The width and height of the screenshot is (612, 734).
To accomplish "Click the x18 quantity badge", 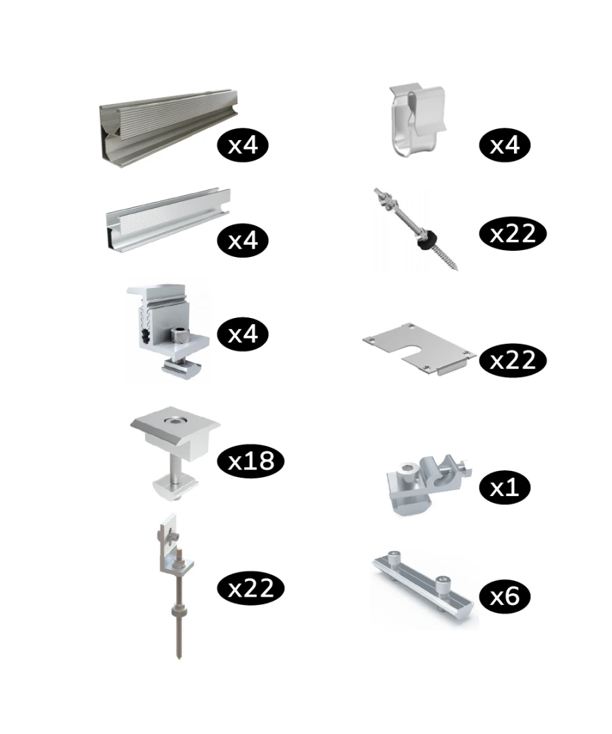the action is (x=250, y=461).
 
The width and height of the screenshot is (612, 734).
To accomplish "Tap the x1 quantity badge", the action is (x=505, y=488).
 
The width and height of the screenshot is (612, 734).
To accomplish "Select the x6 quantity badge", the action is (x=505, y=596).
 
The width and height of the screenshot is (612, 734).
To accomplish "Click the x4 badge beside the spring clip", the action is (x=505, y=145).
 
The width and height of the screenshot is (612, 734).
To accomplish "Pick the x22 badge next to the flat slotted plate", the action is (x=513, y=360).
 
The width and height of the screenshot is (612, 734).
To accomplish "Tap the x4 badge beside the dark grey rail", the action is (x=243, y=145).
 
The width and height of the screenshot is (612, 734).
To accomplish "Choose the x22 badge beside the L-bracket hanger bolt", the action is (x=250, y=588).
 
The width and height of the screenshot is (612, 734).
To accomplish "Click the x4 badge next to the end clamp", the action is (x=243, y=334).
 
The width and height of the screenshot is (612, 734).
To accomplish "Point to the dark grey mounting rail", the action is (x=169, y=126).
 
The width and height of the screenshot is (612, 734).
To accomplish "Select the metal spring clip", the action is (x=417, y=120).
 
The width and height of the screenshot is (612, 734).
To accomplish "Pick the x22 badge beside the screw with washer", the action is (x=513, y=234).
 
